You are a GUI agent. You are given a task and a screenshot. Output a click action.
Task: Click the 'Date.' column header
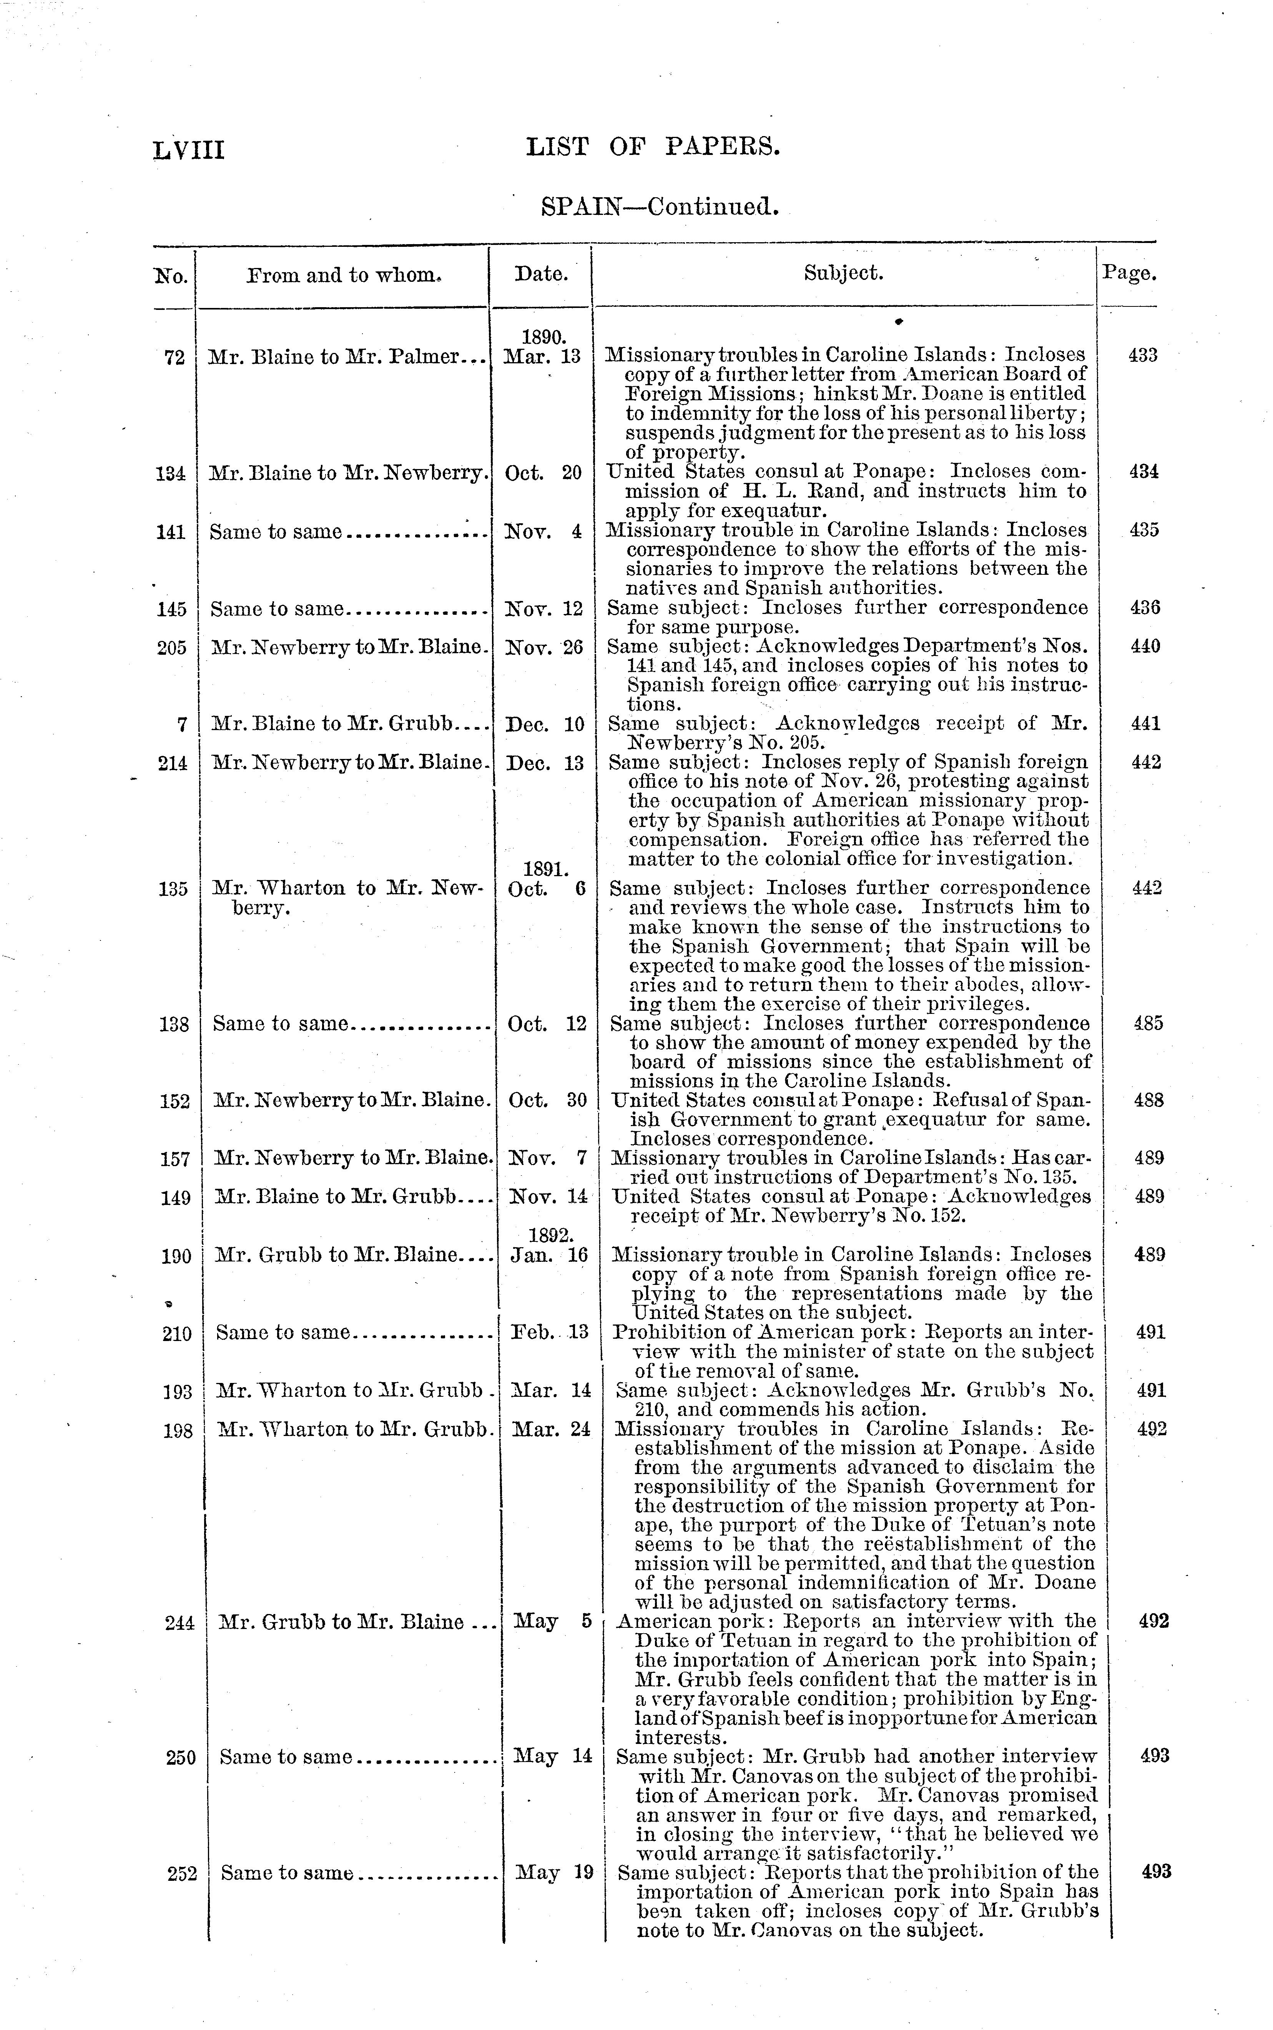click(540, 274)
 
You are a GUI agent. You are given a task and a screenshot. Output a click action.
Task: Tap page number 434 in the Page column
click(1143, 471)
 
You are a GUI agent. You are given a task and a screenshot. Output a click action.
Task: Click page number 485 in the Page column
click(1148, 1024)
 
